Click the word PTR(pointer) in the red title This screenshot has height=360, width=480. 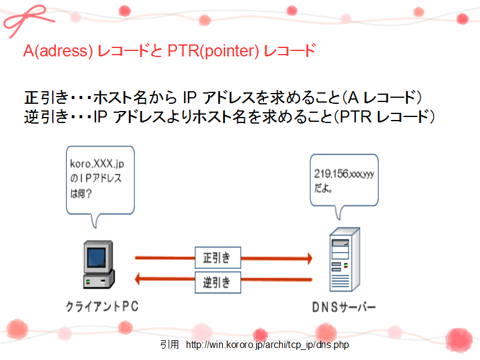pos(214,51)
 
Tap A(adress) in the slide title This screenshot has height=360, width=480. pos(58,51)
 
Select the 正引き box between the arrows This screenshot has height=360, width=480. pos(218,258)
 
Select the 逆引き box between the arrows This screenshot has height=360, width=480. pos(218,282)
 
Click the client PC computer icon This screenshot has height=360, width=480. pos(98,265)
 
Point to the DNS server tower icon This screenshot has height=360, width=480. pos(344,259)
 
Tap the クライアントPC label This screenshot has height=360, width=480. pos(102,307)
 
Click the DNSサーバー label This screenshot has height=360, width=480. pos(344,307)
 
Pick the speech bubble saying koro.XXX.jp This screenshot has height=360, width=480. pos(100,181)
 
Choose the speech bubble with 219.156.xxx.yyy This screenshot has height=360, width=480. pos(344,181)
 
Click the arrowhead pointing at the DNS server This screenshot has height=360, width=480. pos(310,259)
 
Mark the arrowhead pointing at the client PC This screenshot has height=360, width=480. pos(137,279)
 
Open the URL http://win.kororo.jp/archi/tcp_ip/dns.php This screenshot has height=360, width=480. pos(267,345)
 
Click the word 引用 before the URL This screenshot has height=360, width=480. pos(169,344)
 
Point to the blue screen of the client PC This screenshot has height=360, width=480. pos(97,257)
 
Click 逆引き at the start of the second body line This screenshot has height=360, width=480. pos(46,116)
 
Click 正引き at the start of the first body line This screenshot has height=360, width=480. pos(46,98)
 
